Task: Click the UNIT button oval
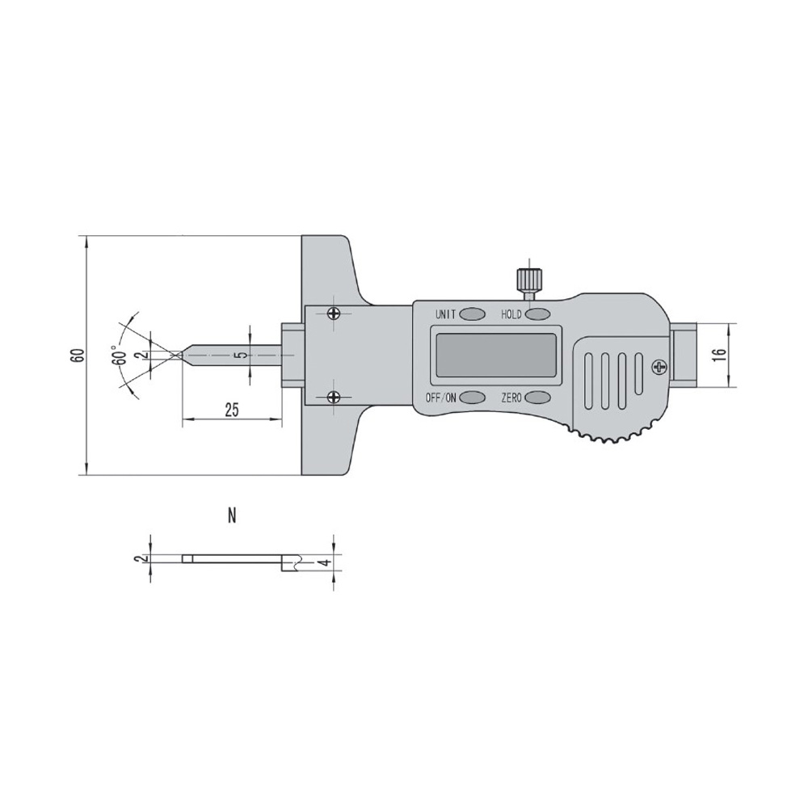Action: click(472, 314)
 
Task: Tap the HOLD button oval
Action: click(537, 314)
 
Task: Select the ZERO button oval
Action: click(537, 398)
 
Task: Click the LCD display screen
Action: click(496, 355)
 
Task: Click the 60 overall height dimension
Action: click(78, 356)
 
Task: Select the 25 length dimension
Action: click(232, 410)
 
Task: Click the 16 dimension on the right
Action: click(721, 355)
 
